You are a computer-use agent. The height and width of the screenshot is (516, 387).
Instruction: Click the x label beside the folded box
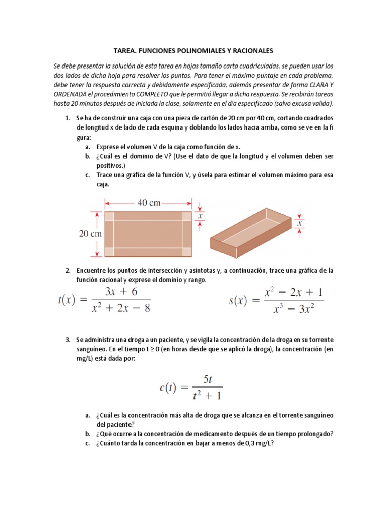click(x=300, y=222)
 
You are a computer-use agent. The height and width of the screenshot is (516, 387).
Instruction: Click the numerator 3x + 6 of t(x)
click(x=120, y=292)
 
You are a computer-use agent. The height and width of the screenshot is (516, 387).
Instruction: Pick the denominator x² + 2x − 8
click(x=120, y=307)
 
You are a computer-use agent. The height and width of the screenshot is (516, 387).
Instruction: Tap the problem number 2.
click(x=67, y=270)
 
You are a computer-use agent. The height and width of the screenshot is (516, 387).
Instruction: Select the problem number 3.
click(x=67, y=339)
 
